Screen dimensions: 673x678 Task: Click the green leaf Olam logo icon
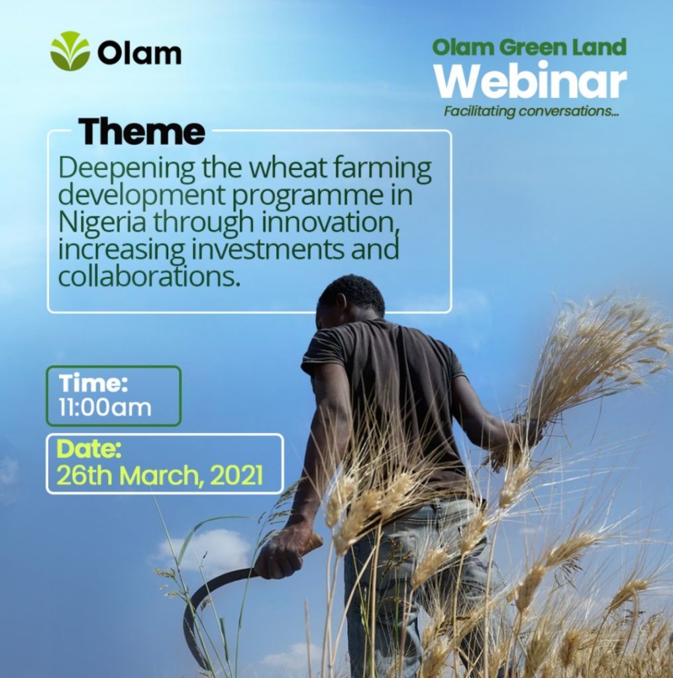(70, 51)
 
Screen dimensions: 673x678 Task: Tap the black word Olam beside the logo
(139, 53)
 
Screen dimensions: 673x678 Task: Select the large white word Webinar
(531, 81)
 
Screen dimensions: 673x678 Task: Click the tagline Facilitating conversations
(531, 111)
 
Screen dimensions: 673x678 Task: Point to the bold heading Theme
(142, 132)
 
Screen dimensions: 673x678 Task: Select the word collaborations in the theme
(149, 277)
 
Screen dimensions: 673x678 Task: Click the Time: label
(93, 383)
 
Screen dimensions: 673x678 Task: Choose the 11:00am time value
(105, 407)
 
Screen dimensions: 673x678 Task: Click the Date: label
(89, 449)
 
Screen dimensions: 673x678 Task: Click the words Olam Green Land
(529, 47)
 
